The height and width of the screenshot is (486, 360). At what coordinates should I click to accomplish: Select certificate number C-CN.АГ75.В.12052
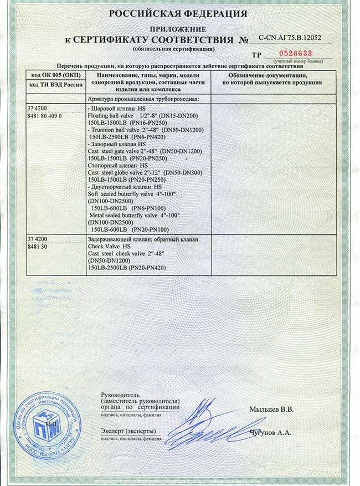290,38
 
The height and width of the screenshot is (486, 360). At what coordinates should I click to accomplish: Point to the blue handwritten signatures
210,424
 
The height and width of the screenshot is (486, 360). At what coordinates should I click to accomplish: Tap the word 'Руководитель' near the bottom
119,393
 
